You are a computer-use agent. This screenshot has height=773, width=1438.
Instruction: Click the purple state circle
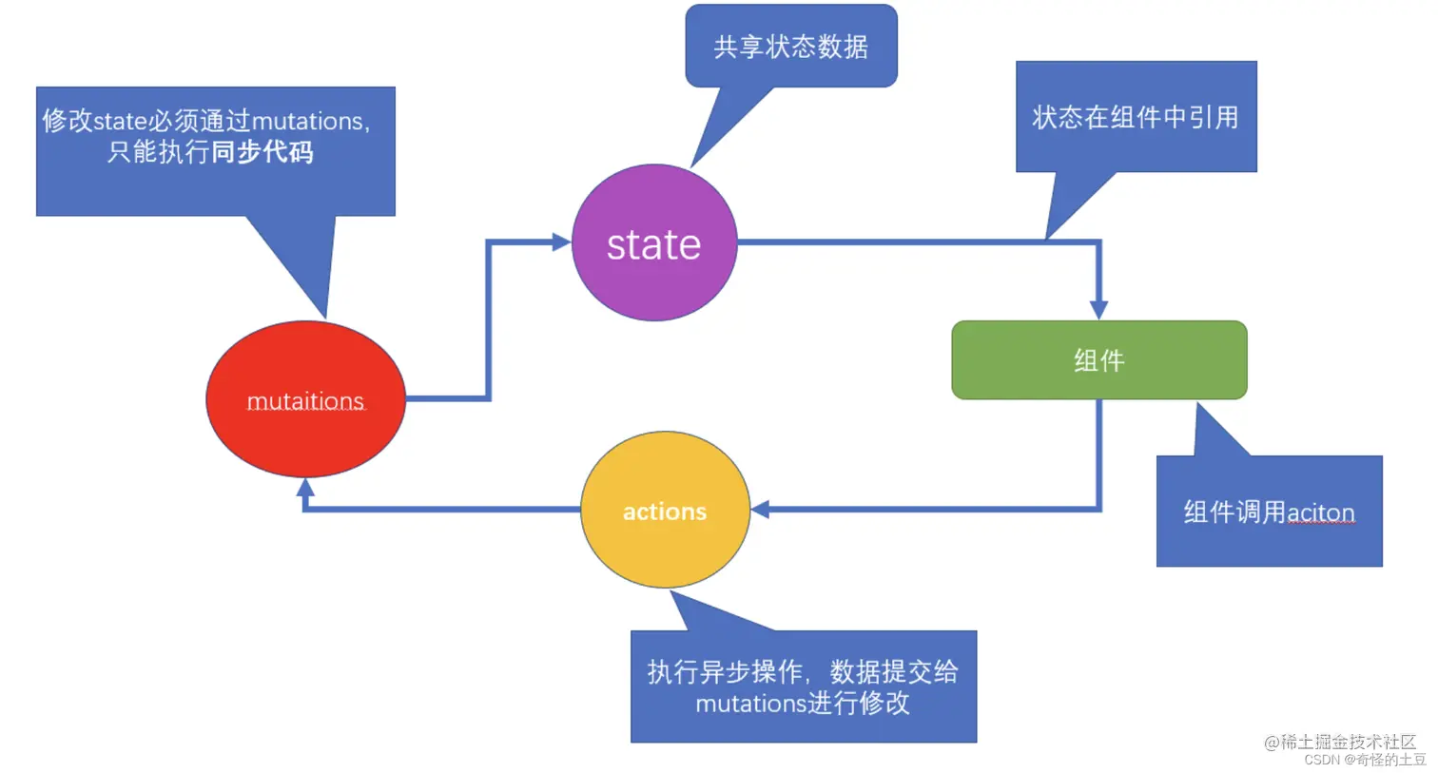pos(654,243)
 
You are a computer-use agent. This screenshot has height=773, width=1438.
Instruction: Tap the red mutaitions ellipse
pos(305,399)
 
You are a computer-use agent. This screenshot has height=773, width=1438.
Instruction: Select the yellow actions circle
pos(665,511)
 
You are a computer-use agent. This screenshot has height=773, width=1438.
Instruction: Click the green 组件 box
pos(1098,360)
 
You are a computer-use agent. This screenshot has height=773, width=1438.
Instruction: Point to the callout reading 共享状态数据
pos(790,47)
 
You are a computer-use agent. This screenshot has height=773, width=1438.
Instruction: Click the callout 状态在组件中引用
pos(1136,117)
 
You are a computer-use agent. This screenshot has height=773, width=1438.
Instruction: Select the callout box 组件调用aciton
pos(1269,512)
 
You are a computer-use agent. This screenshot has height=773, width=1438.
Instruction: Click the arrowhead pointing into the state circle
pos(561,242)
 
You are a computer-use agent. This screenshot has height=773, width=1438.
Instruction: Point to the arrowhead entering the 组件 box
pos(1098,310)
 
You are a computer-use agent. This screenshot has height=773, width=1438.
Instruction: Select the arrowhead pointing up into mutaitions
pos(305,488)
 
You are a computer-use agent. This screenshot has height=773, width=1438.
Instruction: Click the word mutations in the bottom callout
pos(750,704)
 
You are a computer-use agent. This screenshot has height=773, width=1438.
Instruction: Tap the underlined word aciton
pos(1320,512)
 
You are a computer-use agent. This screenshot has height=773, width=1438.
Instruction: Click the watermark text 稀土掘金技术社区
pos(1348,742)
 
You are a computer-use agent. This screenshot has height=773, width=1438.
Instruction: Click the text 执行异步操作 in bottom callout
pos(725,672)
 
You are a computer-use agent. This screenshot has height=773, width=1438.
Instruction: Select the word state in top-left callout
pos(120,122)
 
